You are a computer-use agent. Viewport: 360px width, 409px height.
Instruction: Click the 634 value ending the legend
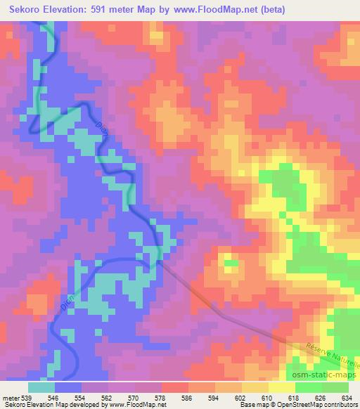pyautogui.click(x=345, y=397)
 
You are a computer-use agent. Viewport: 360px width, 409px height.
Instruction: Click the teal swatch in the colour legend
pyautogui.click(x=41, y=387)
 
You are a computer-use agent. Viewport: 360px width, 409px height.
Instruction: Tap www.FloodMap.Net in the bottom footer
pyautogui.click(x=134, y=405)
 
